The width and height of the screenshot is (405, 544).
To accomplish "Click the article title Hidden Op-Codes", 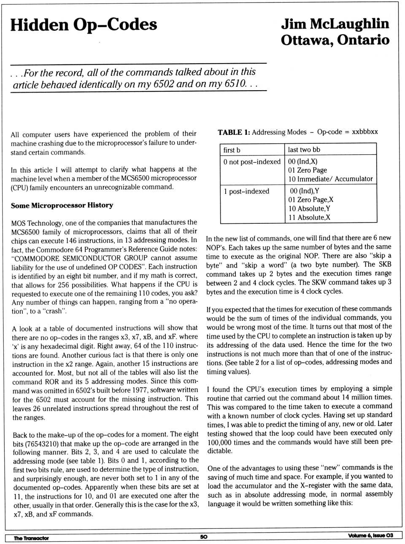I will point(84,24).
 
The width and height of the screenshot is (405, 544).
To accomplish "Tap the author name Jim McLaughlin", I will point(335,24).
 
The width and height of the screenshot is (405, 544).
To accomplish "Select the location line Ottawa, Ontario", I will point(335,40).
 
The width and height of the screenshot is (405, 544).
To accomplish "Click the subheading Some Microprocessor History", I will point(62,206).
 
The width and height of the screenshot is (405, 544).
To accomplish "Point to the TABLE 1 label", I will point(234,132).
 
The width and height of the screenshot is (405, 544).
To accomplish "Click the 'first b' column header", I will point(232,150).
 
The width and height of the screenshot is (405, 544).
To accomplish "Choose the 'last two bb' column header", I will point(304,150).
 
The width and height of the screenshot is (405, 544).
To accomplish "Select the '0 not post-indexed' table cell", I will point(252,162).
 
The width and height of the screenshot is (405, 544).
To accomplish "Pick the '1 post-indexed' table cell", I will point(246,191).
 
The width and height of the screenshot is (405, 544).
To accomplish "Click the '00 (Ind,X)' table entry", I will point(302,161).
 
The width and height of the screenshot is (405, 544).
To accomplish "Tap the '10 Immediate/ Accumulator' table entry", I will point(330,179).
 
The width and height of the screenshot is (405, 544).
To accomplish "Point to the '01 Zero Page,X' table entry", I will point(310,200).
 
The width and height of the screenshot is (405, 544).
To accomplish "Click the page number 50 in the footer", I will point(204,536).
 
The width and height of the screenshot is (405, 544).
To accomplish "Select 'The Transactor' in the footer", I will point(31,538).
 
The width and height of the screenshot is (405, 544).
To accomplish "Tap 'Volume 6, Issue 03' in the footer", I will point(370,536).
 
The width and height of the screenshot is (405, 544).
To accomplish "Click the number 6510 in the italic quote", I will point(235,83).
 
